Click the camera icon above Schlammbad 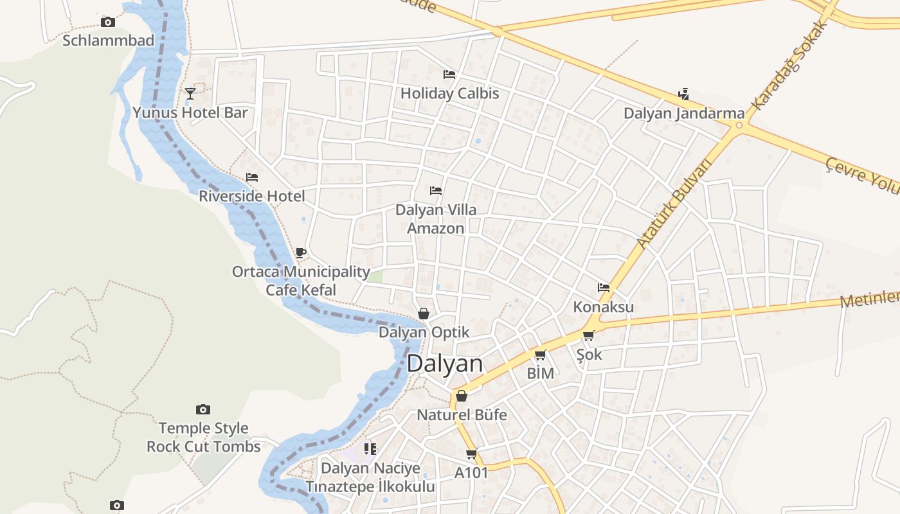pyautogui.click(x=108, y=22)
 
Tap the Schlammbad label pyautogui.click(x=108, y=40)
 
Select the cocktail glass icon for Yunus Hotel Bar pyautogui.click(x=190, y=94)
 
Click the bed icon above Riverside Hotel pyautogui.click(x=252, y=177)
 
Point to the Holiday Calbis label pyautogui.click(x=449, y=93)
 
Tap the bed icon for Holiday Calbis pyautogui.click(x=449, y=75)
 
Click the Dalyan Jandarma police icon pyautogui.click(x=683, y=94)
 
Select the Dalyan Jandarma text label pyautogui.click(x=684, y=114)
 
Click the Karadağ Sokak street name pyautogui.click(x=788, y=64)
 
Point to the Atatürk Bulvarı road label pyautogui.click(x=676, y=204)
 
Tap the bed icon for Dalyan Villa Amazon pyautogui.click(x=436, y=191)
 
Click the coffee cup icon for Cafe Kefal pyautogui.click(x=300, y=253)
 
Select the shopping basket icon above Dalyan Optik pyautogui.click(x=424, y=314)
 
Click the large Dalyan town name pyautogui.click(x=445, y=364)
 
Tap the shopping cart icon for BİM pyautogui.click(x=540, y=355)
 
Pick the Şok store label pyautogui.click(x=589, y=354)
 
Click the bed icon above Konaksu pyautogui.click(x=603, y=288)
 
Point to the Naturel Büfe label pyautogui.click(x=462, y=415)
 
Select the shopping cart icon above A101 pyautogui.click(x=472, y=454)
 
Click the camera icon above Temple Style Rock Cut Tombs pyautogui.click(x=203, y=409)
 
